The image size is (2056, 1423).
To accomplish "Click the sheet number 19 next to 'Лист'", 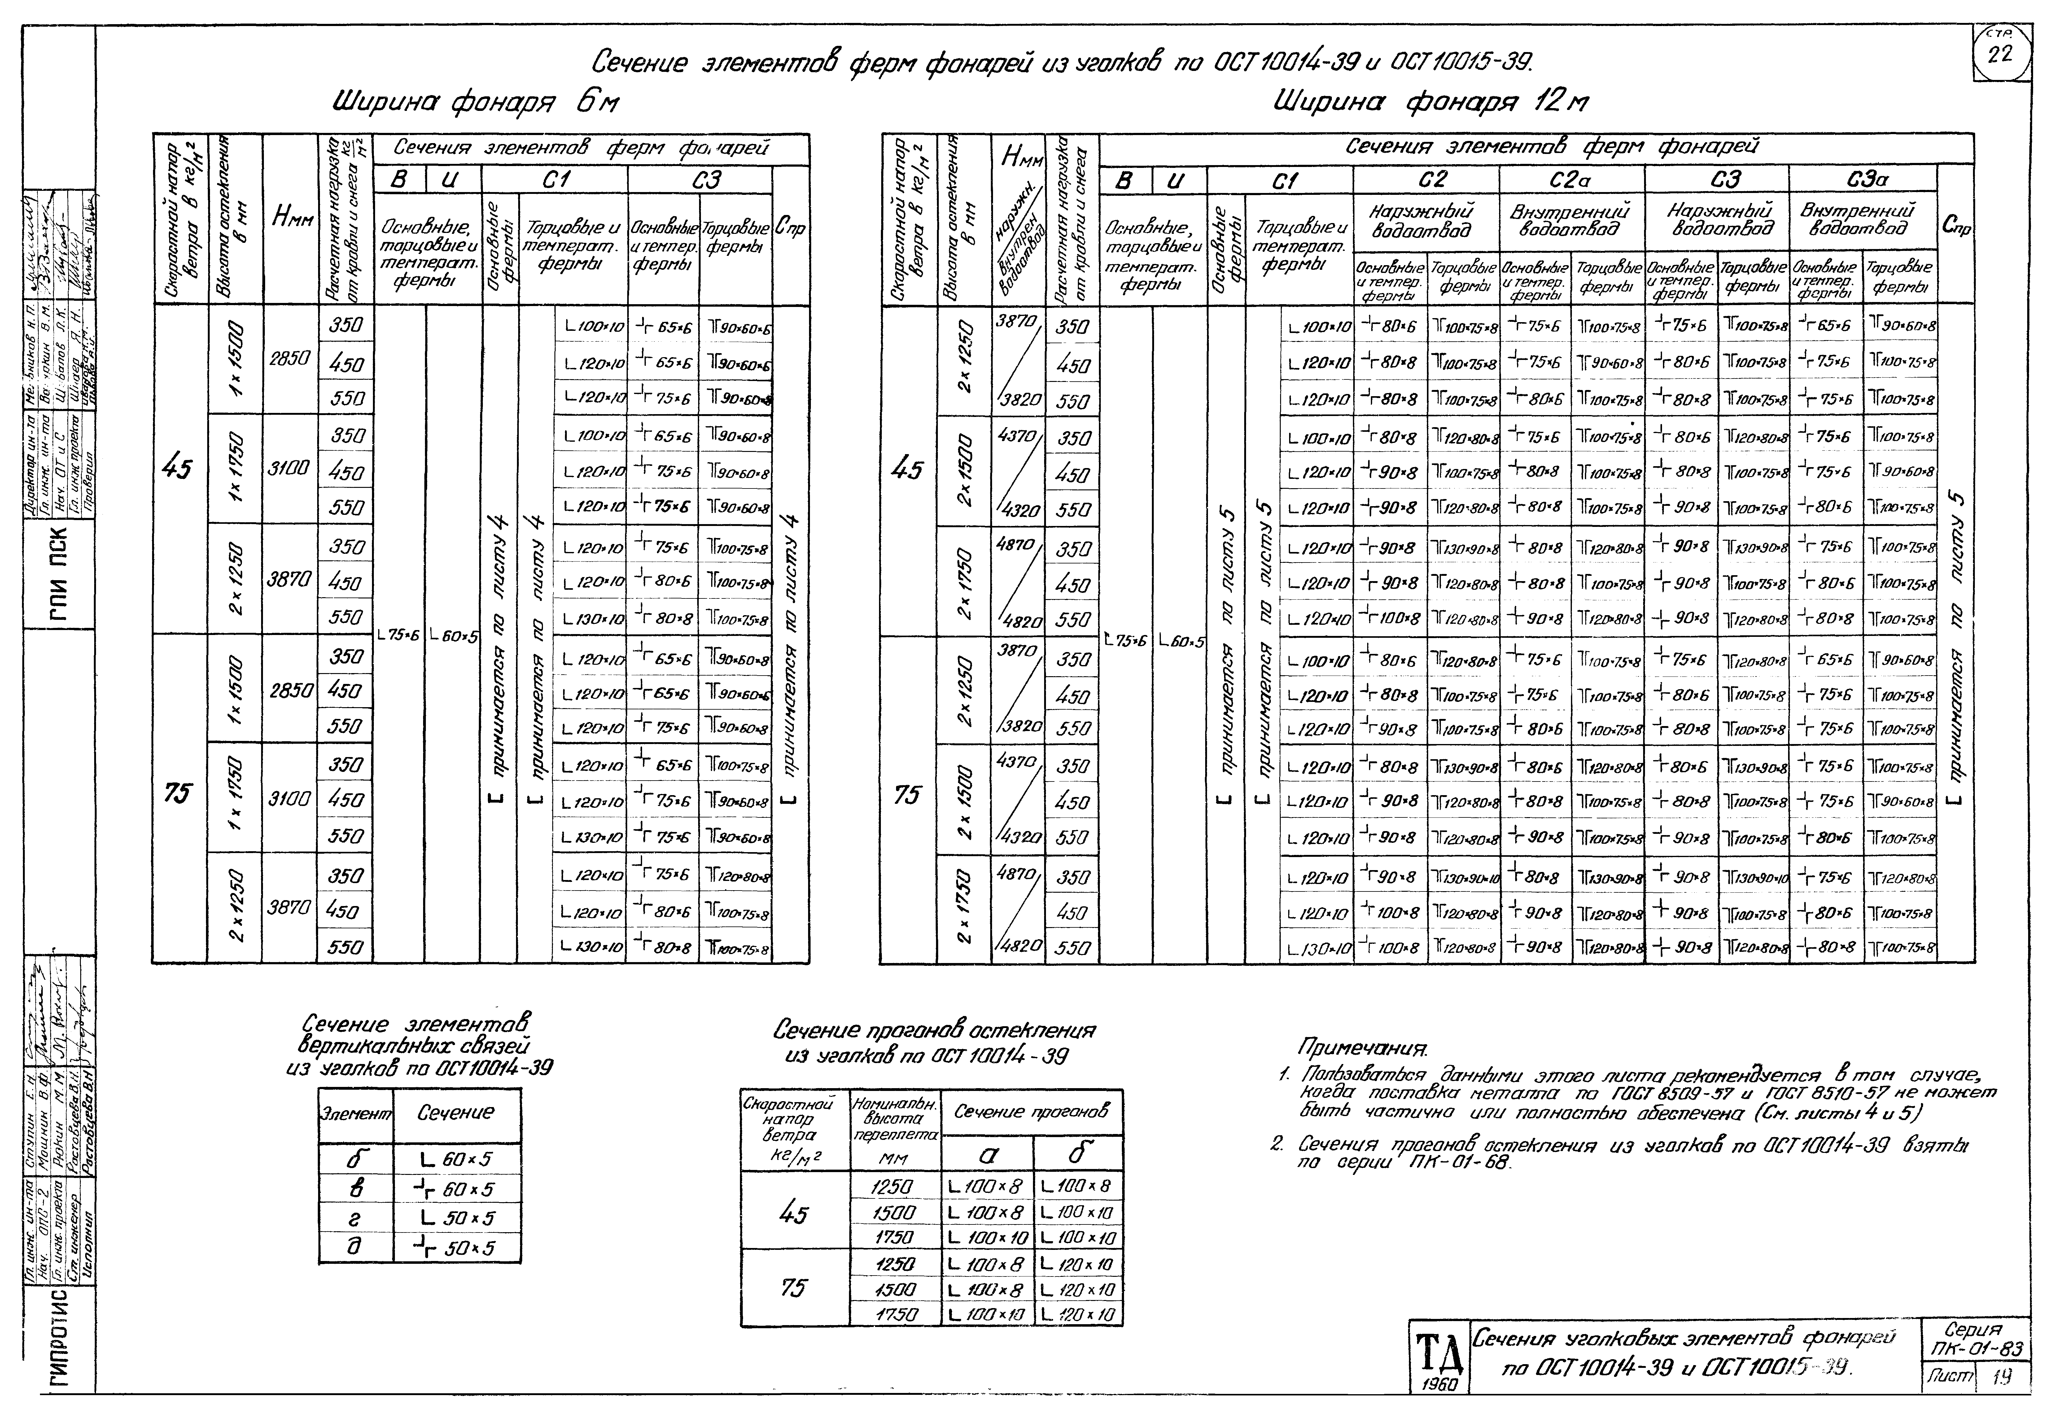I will (x=2001, y=1377).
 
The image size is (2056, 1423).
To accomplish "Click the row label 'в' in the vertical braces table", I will (x=355, y=1189).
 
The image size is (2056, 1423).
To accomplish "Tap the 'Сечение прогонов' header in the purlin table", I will (x=1032, y=1112).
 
